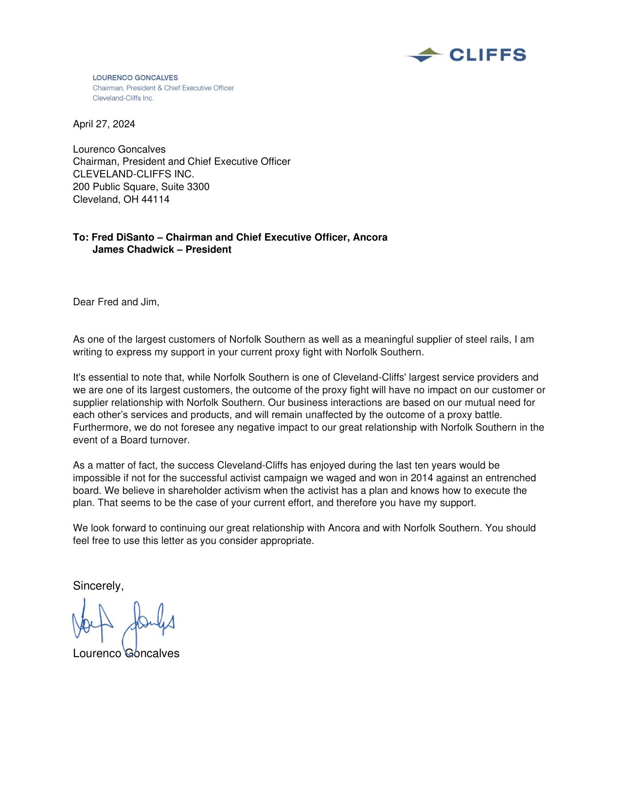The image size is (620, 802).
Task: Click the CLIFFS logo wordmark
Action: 487,55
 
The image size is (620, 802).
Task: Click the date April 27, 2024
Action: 104,124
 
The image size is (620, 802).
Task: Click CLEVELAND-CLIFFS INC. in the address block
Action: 134,174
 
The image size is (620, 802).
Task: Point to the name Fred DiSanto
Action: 123,237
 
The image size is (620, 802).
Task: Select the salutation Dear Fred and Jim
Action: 116,302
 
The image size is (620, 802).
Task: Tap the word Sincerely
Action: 98,586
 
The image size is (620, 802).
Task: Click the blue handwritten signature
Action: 124,622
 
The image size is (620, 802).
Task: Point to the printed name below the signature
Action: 126,653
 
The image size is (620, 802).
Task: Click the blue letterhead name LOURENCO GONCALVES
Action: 135,78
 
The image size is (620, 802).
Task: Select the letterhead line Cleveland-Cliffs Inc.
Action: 123,98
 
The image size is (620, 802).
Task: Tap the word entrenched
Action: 511,478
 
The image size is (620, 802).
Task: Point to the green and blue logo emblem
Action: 425,55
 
